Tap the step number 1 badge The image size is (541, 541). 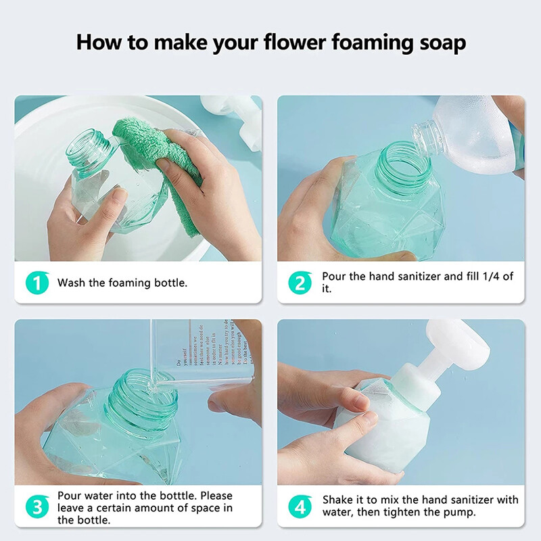click(37, 282)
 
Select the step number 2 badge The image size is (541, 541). click(300, 282)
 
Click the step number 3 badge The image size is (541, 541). click(37, 507)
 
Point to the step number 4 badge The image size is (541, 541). click(300, 507)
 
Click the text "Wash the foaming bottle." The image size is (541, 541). click(122, 283)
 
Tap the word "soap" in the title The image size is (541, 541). click(438, 43)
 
